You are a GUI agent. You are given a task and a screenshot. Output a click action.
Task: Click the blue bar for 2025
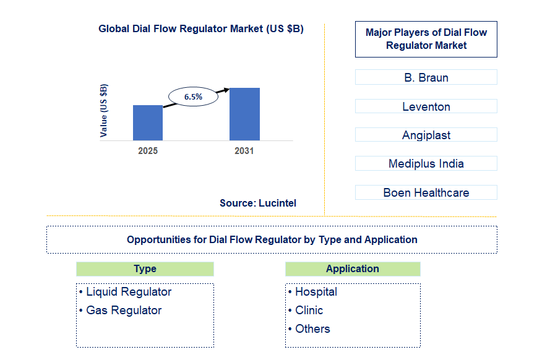[x=148, y=122]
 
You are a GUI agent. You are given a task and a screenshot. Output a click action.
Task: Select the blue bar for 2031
[x=244, y=114]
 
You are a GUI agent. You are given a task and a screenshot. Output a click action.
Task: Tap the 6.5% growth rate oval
[x=194, y=97]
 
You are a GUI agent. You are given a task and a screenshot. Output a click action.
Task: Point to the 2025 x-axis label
[x=148, y=151]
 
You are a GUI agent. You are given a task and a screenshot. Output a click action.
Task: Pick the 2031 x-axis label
[x=244, y=151]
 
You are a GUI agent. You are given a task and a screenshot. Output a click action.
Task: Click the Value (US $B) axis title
[x=104, y=110]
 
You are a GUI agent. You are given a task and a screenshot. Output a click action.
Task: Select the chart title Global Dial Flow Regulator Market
[x=201, y=29]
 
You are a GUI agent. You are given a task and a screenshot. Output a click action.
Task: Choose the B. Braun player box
[x=426, y=78]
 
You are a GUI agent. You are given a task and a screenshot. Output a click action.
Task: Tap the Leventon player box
[x=426, y=106]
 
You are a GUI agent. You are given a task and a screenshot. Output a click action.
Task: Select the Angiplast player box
[x=426, y=135]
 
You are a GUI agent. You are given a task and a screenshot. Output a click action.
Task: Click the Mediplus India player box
[x=426, y=163]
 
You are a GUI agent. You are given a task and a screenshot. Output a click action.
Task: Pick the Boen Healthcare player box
[x=426, y=192]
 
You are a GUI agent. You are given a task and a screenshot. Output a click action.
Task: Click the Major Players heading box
[x=426, y=39]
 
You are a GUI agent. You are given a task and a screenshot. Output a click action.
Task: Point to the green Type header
[x=145, y=269]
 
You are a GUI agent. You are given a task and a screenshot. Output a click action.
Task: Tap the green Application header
[x=353, y=269]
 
